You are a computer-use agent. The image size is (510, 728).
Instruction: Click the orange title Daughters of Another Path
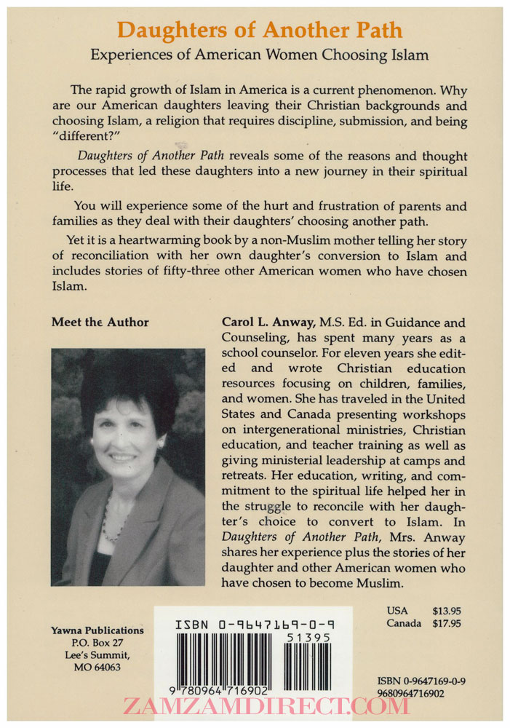tap(260, 31)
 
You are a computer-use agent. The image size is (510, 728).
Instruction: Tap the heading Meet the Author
tap(100, 323)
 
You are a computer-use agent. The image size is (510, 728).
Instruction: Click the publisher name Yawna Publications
tap(97, 630)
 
